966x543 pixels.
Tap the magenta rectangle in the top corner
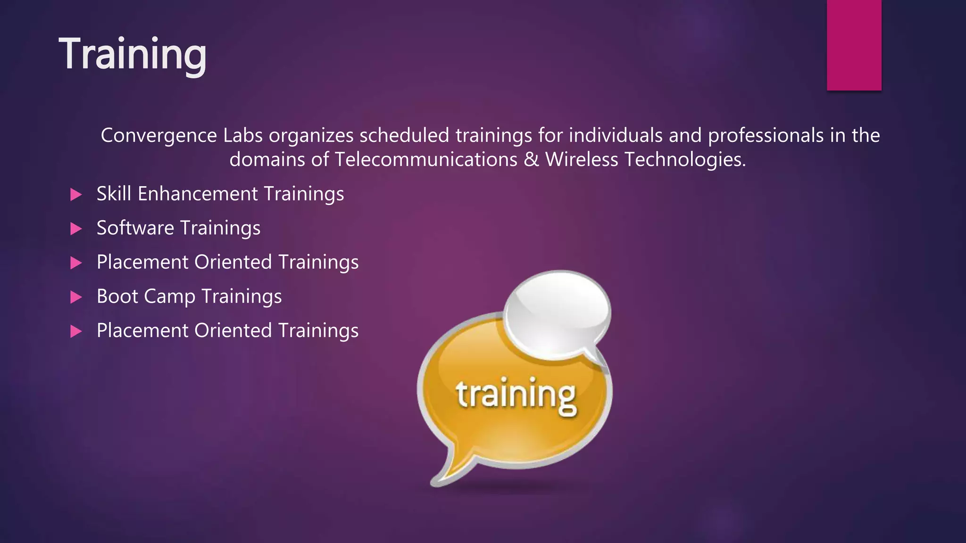(x=854, y=45)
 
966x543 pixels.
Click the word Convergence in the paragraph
(x=158, y=136)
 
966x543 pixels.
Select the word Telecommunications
(x=426, y=159)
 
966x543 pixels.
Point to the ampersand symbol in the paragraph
(x=531, y=159)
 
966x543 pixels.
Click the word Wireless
(x=582, y=159)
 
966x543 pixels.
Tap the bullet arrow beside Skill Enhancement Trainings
(x=76, y=194)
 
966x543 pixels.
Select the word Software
(x=135, y=228)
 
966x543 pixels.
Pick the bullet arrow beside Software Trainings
(x=76, y=229)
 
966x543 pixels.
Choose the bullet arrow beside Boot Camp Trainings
(x=76, y=297)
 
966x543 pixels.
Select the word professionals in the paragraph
(x=766, y=136)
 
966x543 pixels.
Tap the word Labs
(x=242, y=136)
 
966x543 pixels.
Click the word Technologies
(x=685, y=159)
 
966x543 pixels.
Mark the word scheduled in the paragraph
(x=404, y=136)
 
